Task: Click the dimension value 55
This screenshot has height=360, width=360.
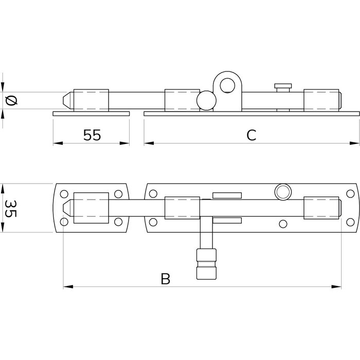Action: point(93,135)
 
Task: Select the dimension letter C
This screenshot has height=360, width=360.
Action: point(251,135)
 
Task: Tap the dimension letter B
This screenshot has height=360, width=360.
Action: point(165,279)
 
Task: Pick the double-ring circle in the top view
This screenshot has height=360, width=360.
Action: point(282,191)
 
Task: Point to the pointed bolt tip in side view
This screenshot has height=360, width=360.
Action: point(67,99)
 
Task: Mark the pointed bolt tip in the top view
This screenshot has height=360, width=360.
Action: point(67,208)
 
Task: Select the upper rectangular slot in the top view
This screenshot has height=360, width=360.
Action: point(226,195)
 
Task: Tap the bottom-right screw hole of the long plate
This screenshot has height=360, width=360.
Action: point(350,222)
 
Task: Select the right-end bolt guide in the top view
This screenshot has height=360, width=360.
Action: point(321,208)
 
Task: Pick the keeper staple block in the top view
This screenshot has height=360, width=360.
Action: point(91,208)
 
